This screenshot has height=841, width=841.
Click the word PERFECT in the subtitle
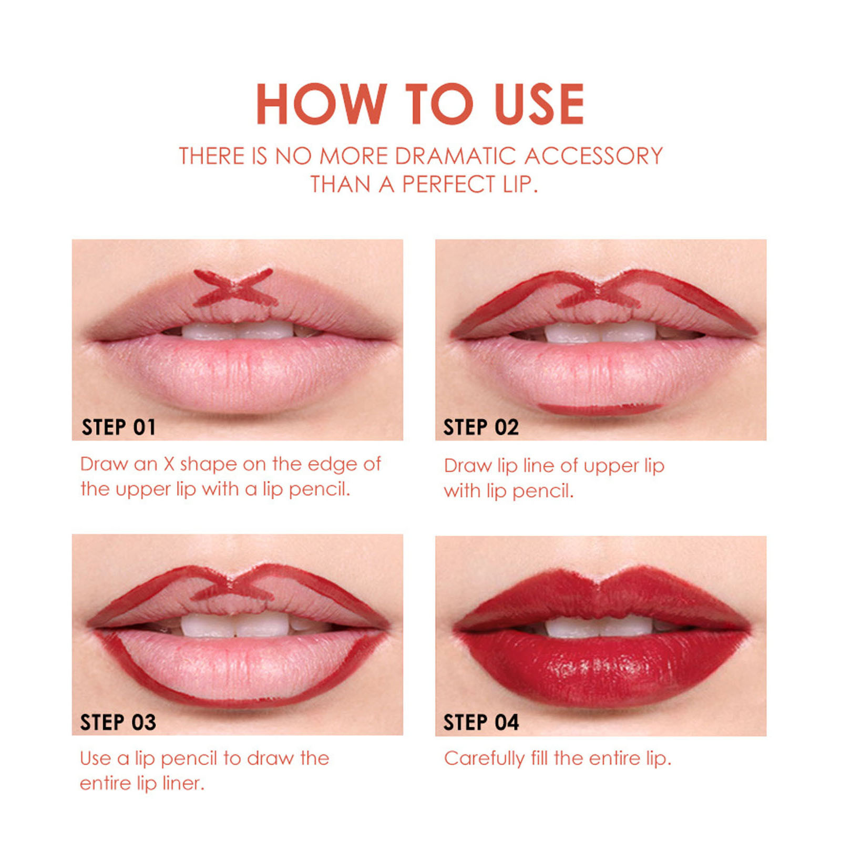[x=448, y=184]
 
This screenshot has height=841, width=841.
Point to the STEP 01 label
[x=119, y=427]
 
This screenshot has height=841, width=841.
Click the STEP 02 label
[x=481, y=427]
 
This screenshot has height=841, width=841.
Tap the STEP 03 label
[x=118, y=722]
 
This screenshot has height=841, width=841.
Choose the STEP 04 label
[x=481, y=722]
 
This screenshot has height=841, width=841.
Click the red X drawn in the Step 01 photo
[x=234, y=288]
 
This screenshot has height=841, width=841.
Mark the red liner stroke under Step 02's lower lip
[x=599, y=408]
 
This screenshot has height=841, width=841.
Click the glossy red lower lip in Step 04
[x=602, y=670]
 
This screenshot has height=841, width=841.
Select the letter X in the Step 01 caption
[x=169, y=464]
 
